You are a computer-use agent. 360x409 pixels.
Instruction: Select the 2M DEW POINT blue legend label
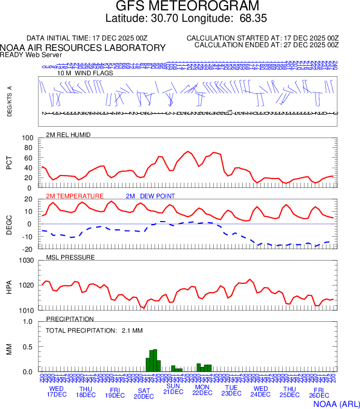pos(150,196)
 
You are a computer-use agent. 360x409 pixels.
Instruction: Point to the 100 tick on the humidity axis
pos(27,139)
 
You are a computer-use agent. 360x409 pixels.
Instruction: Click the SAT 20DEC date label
pos(144,393)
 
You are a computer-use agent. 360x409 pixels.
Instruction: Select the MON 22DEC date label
pos(202,390)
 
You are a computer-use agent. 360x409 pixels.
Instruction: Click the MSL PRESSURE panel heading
pos(71,257)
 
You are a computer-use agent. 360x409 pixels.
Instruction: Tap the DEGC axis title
pos(9,224)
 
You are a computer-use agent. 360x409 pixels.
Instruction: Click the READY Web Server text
pos(31,55)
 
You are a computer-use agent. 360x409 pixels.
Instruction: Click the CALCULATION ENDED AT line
pos(266,45)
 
